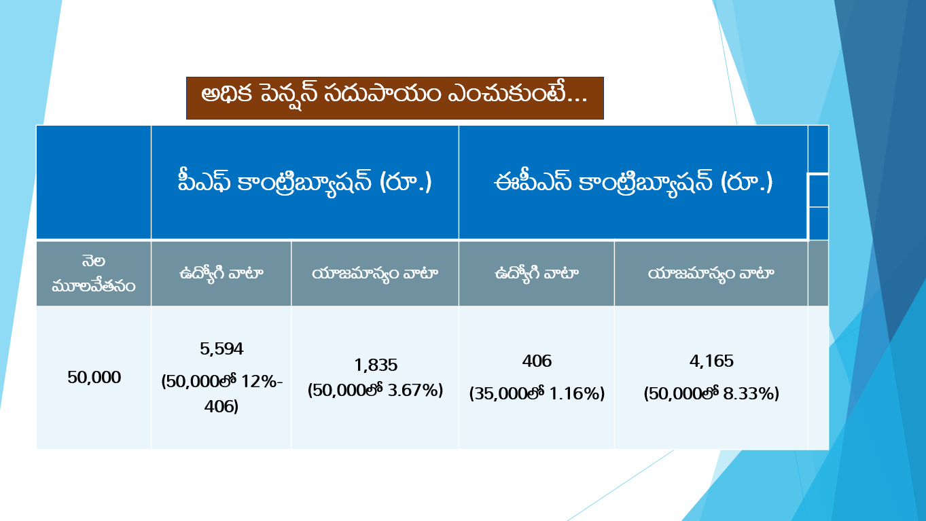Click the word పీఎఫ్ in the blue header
tap(202, 183)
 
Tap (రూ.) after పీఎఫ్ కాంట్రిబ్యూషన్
tap(406, 183)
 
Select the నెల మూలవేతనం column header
tap(94, 274)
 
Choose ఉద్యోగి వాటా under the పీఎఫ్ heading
tap(221, 274)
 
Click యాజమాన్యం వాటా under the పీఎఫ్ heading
tap(375, 274)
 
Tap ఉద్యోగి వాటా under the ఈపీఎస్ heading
tap(536, 274)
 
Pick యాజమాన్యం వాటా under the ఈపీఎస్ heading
tap(711, 274)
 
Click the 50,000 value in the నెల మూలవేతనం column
tap(94, 378)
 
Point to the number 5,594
tap(221, 349)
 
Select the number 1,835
tap(375, 365)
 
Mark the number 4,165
tap(711, 361)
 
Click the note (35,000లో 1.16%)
tap(537, 393)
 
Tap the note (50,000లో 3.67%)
tap(375, 391)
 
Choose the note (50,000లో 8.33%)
tap(711, 393)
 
